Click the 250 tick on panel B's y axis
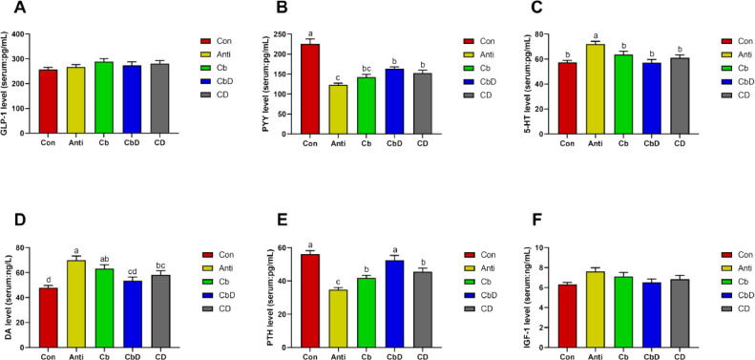coord(284,35)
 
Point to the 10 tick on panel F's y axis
coord(548,248)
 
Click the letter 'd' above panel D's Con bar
coord(48,279)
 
